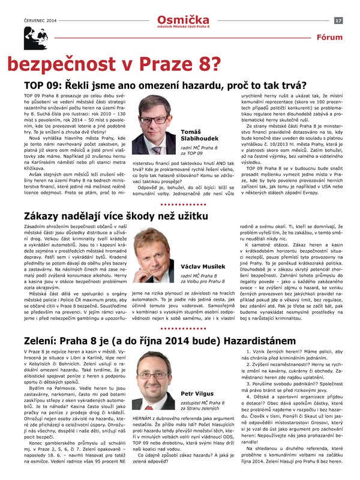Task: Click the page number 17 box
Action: pyautogui.click(x=338, y=20)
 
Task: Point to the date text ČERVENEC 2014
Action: pyautogui.click(x=40, y=20)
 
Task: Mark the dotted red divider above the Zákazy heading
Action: pyautogui.click(x=180, y=204)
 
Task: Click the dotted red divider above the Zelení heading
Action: pyautogui.click(x=180, y=329)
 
